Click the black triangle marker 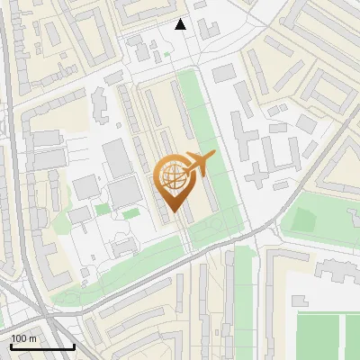pyautogui.click(x=181, y=24)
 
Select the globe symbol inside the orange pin pyautogui.click(x=171, y=175)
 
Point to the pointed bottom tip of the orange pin pyautogui.click(x=171, y=212)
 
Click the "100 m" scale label pyautogui.click(x=23, y=337)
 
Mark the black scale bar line pyautogui.click(x=42, y=346)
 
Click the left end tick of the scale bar pyautogui.click(x=11, y=345)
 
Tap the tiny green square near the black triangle pyautogui.click(x=166, y=55)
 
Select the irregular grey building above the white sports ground pyautogui.click(x=335, y=268)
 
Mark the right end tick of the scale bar pyautogui.click(x=74, y=345)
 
